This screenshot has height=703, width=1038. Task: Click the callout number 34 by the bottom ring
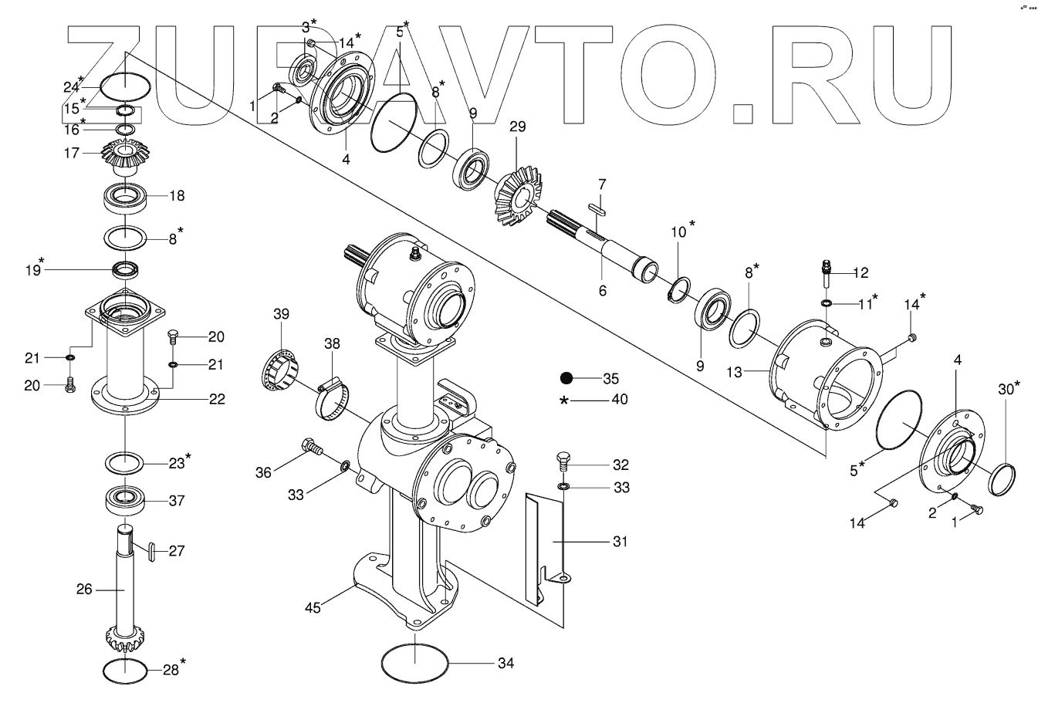505,663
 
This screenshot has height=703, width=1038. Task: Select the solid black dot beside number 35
566,378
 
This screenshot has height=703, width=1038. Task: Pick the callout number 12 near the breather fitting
860,272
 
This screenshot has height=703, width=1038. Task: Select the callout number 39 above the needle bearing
281,313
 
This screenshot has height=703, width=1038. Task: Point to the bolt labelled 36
312,446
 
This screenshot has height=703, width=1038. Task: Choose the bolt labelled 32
562,464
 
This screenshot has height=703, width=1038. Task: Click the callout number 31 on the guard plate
619,542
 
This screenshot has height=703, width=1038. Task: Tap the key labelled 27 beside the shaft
151,550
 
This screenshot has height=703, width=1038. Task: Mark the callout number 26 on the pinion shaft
85,589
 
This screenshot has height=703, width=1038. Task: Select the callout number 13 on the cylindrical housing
734,372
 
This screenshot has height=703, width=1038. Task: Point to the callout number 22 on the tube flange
216,399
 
